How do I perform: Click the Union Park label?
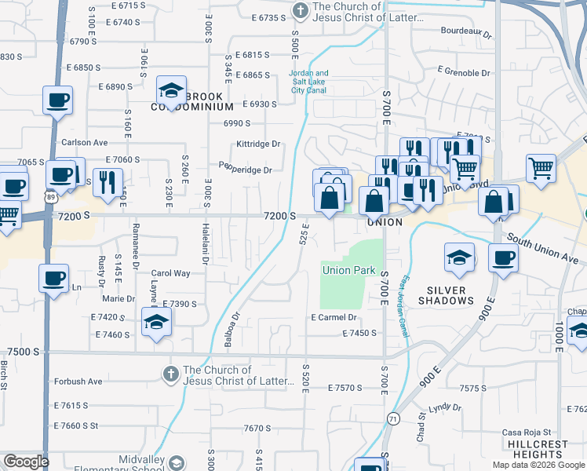pos(348,271)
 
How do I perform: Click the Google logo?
pos(25,462)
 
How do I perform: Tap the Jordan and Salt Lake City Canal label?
pos(310,82)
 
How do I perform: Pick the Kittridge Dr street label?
pos(258,144)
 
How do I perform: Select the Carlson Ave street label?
pos(84,143)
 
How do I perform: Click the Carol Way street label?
pos(170,273)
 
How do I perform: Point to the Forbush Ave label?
pos(78,382)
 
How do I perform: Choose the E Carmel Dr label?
pos(334,318)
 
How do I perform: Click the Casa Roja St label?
pos(528,433)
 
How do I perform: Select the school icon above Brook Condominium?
pos(170,92)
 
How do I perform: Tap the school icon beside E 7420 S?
pos(156,320)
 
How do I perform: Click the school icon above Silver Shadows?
pos(459,257)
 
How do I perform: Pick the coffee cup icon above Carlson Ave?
pos(58,100)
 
